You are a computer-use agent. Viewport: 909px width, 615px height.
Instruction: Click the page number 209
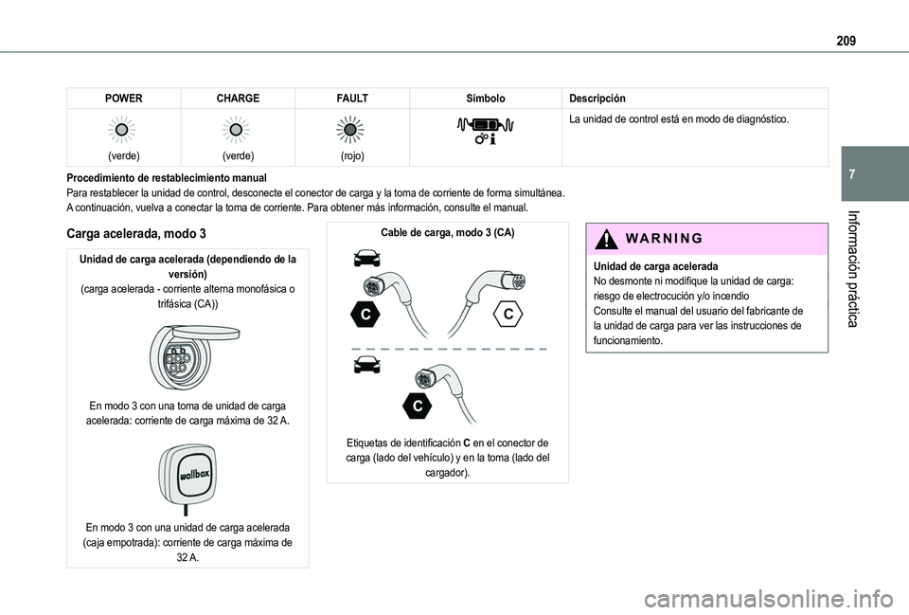[x=846, y=41]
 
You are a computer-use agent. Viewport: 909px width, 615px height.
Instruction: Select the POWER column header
[x=123, y=98]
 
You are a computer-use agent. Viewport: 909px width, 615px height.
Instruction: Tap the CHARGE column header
[x=238, y=98]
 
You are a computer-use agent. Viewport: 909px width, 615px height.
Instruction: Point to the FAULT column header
[x=352, y=98]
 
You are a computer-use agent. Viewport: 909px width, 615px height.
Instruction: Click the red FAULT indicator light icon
[x=350, y=130]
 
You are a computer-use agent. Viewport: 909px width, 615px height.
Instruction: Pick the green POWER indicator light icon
[x=122, y=130]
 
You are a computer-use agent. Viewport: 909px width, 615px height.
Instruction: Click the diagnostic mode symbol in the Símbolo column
[x=486, y=131]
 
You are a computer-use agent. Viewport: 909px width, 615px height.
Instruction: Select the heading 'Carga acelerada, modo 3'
[x=136, y=233]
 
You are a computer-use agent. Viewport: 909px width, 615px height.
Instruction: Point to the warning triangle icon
[x=606, y=239]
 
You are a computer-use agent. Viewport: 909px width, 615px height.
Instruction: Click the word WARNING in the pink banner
[x=665, y=239]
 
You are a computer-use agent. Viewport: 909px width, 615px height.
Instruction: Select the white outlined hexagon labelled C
[x=508, y=314]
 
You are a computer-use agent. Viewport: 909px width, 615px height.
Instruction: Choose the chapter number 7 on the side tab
[x=851, y=174]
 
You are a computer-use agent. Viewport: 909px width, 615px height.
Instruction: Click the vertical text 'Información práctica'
[x=853, y=269]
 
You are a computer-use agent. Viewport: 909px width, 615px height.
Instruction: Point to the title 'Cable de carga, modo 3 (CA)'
[x=448, y=233]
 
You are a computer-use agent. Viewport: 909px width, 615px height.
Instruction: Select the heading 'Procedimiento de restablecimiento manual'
[x=167, y=178]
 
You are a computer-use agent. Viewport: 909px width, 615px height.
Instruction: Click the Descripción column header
[x=597, y=98]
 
